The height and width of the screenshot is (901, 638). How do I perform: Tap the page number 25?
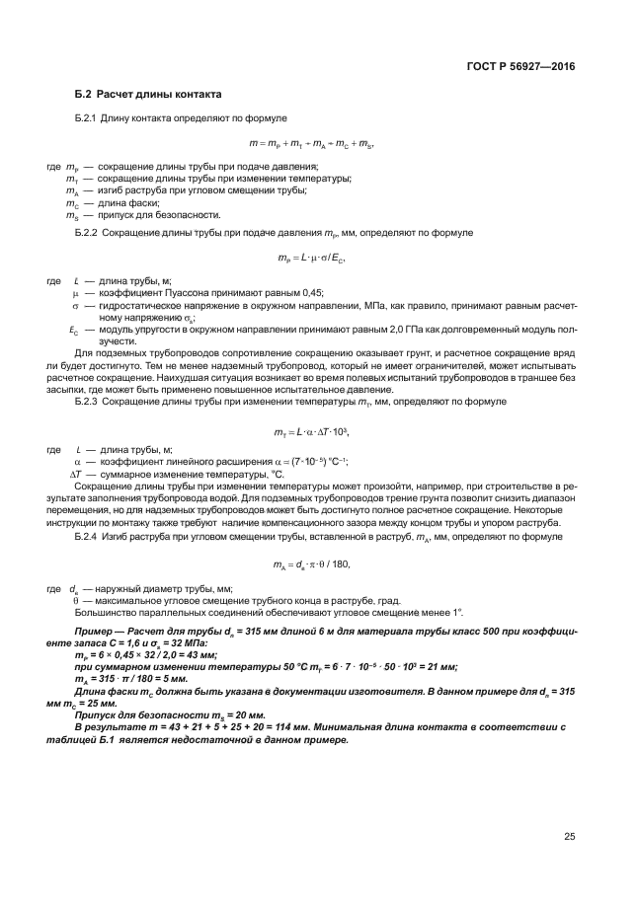pyautogui.click(x=569, y=837)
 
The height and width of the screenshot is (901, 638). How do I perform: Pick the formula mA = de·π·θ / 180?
pyautogui.click(x=312, y=564)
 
